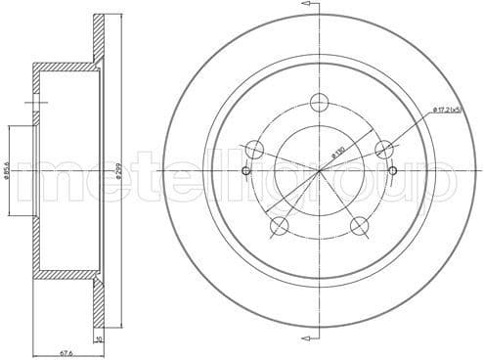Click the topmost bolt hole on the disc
pos(319,102)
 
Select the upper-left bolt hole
pos(255,150)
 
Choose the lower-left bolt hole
pos(280,227)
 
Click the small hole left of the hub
pos(245,172)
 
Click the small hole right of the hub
pos(393,172)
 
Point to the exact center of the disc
pos(320,172)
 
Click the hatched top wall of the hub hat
pos(64,67)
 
